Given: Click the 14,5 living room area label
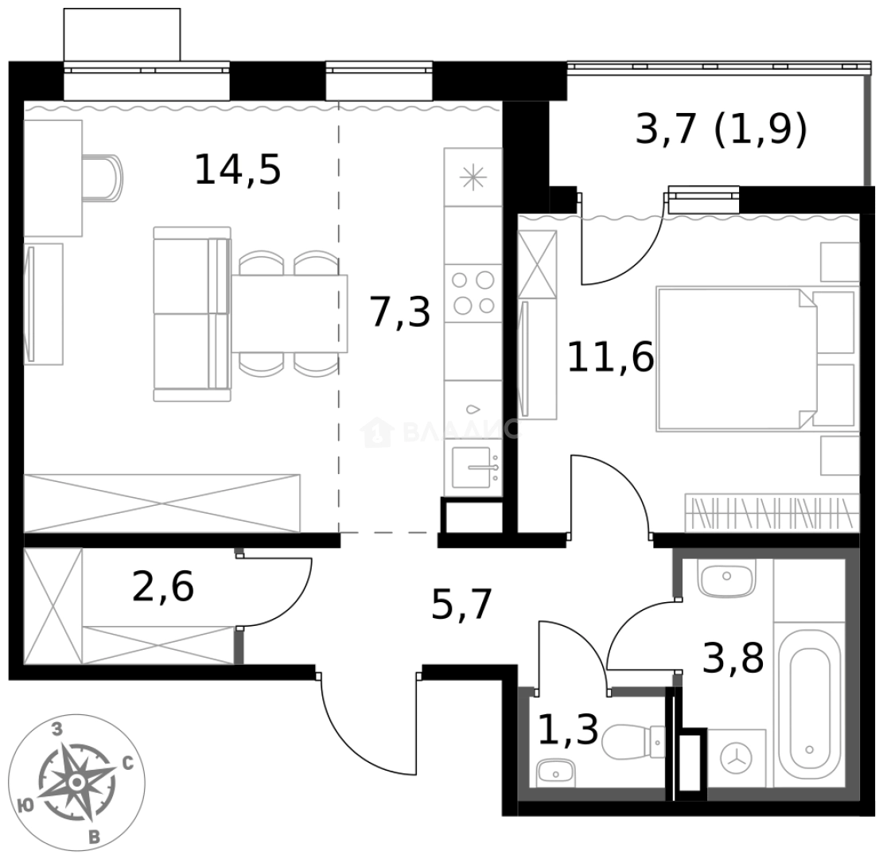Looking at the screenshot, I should pyautogui.click(x=238, y=170).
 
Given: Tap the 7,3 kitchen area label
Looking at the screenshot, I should pyautogui.click(x=400, y=311).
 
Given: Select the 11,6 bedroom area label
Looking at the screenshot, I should pyautogui.click(x=610, y=357).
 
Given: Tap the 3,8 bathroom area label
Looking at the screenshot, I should pyautogui.click(x=733, y=658).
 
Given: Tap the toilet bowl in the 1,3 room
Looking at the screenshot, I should pyautogui.click(x=632, y=744).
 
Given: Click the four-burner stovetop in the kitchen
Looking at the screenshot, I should pyautogui.click(x=473, y=292).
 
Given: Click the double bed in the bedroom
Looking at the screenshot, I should pyautogui.click(x=736, y=360).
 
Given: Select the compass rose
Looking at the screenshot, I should pyautogui.click(x=76, y=783).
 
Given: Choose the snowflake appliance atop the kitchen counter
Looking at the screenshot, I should pyautogui.click(x=473, y=177).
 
